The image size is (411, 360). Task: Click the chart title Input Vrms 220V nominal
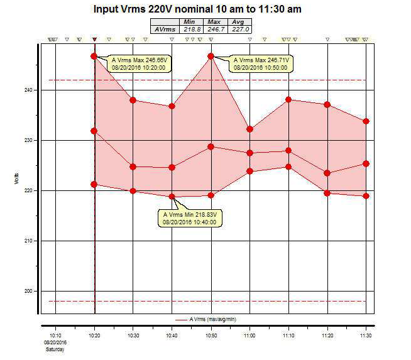click(205, 9)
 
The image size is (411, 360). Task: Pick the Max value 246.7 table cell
click(214, 29)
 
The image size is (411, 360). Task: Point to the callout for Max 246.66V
click(138, 63)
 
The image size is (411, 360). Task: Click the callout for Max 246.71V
click(261, 63)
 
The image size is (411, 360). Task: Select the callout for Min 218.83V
click(189, 218)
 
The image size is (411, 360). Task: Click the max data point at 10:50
click(211, 56)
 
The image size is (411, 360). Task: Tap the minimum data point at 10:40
click(172, 197)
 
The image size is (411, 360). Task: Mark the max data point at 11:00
click(249, 129)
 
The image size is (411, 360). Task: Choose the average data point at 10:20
click(94, 131)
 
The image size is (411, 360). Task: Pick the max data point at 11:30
click(366, 121)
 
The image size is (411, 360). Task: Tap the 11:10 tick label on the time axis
click(288, 337)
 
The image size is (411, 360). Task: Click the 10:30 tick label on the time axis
click(133, 337)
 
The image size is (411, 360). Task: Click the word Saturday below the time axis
click(56, 349)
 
